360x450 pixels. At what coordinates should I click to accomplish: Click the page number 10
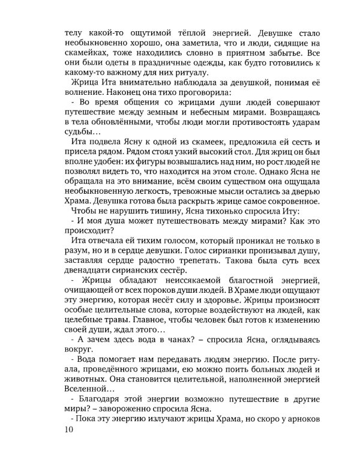68,430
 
